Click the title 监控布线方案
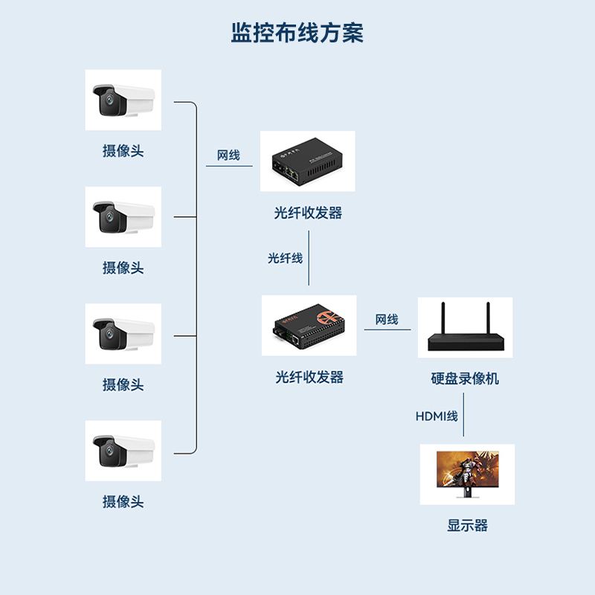click(297, 33)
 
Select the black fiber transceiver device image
click(306, 161)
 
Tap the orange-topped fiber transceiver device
click(308, 326)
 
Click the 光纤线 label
click(285, 258)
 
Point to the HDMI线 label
click(436, 416)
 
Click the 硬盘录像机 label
click(465, 379)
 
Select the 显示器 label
click(467, 526)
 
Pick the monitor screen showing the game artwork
click(466, 470)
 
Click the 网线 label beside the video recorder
click(387, 320)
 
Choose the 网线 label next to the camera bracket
click(228, 155)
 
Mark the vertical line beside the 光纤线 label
click(309, 259)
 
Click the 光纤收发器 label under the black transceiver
click(308, 213)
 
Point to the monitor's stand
click(467, 493)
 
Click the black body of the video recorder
click(466, 341)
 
